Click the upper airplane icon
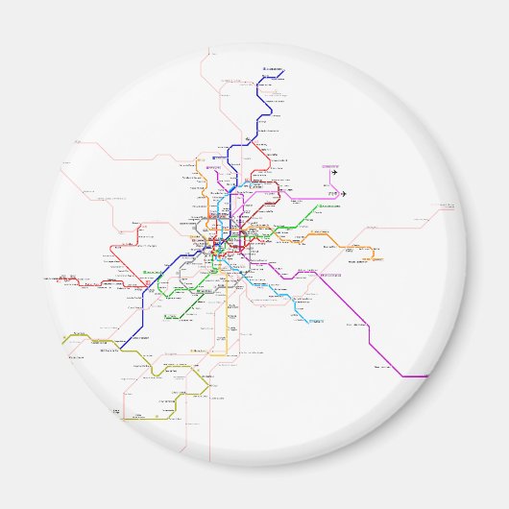click(335, 174)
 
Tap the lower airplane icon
click(342, 194)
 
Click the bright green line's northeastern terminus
click(321, 206)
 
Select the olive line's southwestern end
click(124, 419)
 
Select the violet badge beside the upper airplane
click(331, 165)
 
